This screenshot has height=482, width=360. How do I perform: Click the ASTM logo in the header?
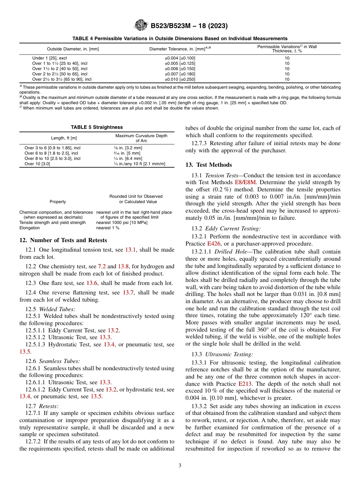pyautogui.click(x=141, y=26)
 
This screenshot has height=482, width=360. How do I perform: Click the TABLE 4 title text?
pyautogui.click(x=180, y=38)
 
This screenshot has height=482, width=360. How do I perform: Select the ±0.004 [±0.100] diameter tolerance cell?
pyautogui.click(x=180, y=58)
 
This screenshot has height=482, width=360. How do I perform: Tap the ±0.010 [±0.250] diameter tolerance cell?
pyautogui.click(x=180, y=79)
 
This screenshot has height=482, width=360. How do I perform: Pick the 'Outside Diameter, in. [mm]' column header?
pyautogui.click(x=73, y=49)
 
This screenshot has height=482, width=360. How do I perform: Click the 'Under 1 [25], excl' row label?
pyautogui.click(x=50, y=58)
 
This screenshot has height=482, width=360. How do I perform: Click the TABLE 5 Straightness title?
pyautogui.click(x=97, y=127)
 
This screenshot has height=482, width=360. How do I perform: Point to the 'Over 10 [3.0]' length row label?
pyautogui.click(x=37, y=164)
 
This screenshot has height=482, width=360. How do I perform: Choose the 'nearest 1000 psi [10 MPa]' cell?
pyautogui.click(x=122, y=223)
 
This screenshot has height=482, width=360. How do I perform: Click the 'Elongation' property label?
pyautogui.click(x=30, y=228)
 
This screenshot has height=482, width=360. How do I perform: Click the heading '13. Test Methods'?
pyautogui.click(x=208, y=165)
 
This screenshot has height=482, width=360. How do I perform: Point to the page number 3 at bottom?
pyautogui.click(x=180, y=466)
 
